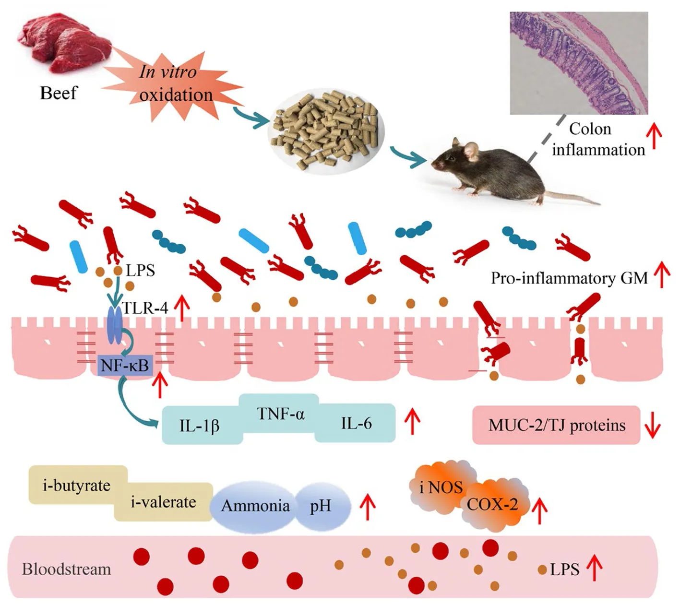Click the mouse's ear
[x=471, y=150]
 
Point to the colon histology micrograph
[x=579, y=63]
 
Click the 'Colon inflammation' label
[x=597, y=139]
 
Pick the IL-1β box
[x=200, y=425]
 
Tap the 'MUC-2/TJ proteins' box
[x=557, y=425]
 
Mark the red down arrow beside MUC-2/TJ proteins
[x=653, y=425]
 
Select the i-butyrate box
[x=77, y=485]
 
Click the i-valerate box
[x=163, y=502]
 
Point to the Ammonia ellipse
[x=255, y=506]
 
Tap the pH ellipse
[x=321, y=506]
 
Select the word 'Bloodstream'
[x=66, y=569]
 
